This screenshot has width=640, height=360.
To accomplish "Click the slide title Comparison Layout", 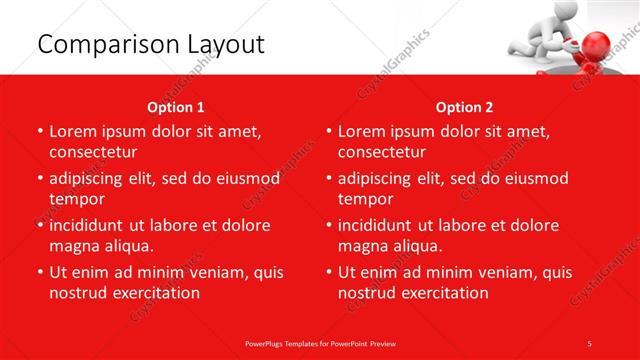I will pyautogui.click(x=150, y=44).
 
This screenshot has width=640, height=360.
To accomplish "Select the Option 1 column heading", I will pyautogui.click(x=176, y=107).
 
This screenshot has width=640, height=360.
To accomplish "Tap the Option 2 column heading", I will pyautogui.click(x=465, y=107).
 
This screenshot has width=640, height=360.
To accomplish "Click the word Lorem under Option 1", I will pyautogui.click(x=73, y=132).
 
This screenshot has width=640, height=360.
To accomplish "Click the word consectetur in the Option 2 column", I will pyautogui.click(x=381, y=152).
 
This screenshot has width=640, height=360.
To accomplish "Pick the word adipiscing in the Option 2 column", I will pyautogui.click(x=381, y=179).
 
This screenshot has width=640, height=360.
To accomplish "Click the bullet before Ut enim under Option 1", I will pyautogui.click(x=39, y=272).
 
